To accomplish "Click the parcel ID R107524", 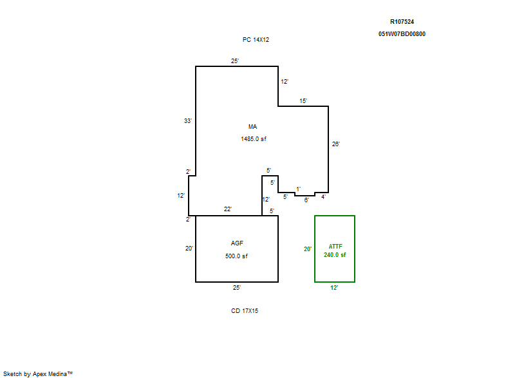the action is [x=402, y=22].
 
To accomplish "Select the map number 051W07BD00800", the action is [x=402, y=34].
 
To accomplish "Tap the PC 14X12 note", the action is [x=256, y=40].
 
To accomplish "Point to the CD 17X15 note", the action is [x=245, y=310].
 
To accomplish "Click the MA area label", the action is [x=252, y=127].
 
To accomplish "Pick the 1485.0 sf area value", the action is [x=254, y=139].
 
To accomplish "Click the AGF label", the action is [x=237, y=243].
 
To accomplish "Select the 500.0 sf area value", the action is [x=236, y=256].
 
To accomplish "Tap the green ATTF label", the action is [x=335, y=246].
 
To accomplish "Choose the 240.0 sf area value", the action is [x=335, y=255].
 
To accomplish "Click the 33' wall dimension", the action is [x=187, y=121].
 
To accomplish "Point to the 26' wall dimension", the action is [x=335, y=144].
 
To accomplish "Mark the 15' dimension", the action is [x=303, y=101].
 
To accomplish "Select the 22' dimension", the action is [x=228, y=209].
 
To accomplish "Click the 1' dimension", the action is [x=298, y=189].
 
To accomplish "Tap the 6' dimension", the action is [x=306, y=200].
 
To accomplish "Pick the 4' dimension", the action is [x=323, y=196].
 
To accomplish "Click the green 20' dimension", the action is [x=308, y=249].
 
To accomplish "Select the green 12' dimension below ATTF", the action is [x=333, y=288].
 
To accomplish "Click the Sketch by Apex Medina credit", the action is [x=38, y=373].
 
